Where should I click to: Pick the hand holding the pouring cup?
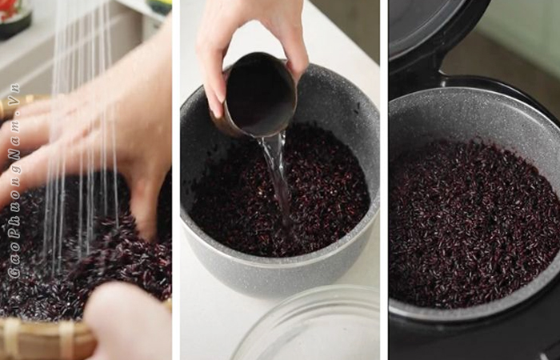[250, 46]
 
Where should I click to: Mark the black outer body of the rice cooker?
[475, 339]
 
